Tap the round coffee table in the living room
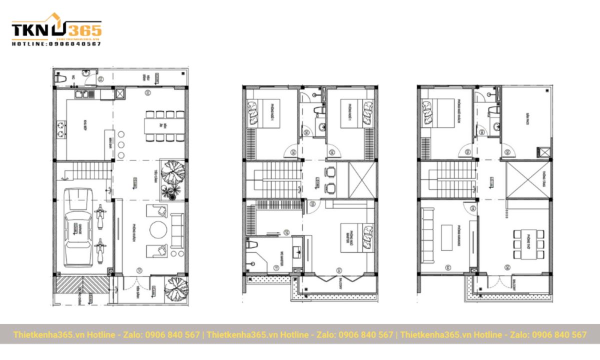tap(159, 230)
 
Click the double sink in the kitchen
tap(83, 94)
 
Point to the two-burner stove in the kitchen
tap(61, 128)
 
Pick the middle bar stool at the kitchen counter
tap(121, 143)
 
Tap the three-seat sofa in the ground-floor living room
tap(177, 230)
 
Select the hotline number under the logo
tap(56, 44)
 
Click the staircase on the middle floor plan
tap(273, 179)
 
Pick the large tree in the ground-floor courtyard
tap(172, 173)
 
